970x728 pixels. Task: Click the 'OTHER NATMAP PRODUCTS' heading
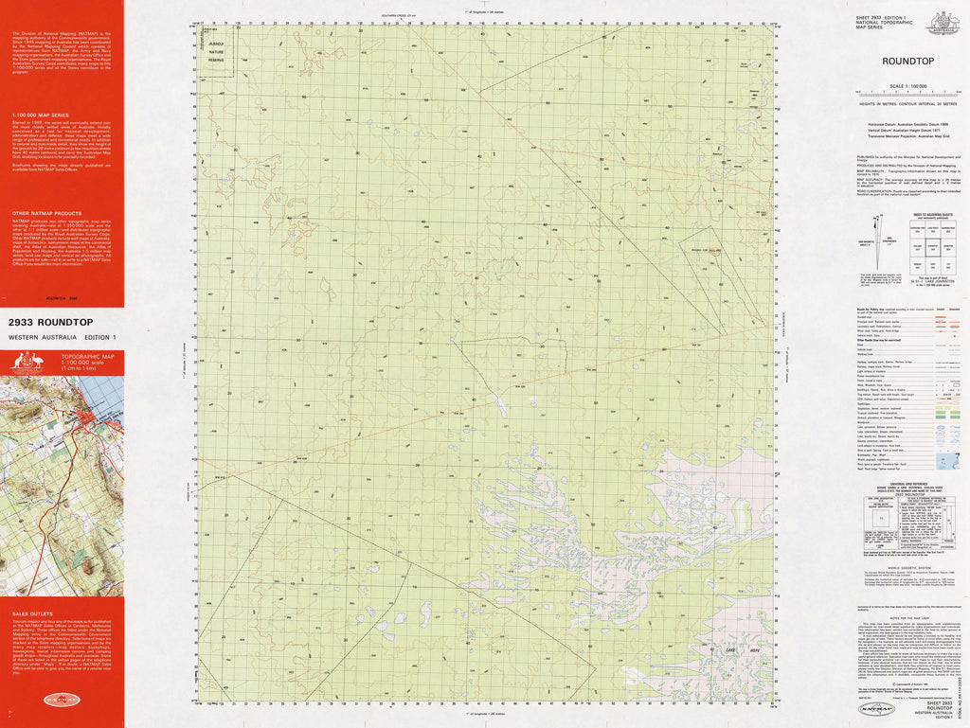tap(40, 215)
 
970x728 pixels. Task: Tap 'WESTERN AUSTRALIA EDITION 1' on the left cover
tap(62, 338)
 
